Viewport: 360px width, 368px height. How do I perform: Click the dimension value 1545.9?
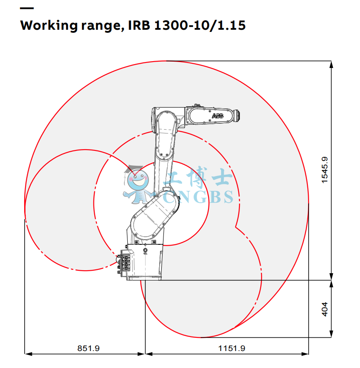(x=325, y=170)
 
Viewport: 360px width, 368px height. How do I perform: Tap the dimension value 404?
(x=325, y=309)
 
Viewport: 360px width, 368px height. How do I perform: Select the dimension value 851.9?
(x=88, y=348)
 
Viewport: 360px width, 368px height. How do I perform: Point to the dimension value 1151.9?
(x=232, y=348)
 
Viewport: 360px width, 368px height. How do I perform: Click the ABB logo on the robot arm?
(x=218, y=116)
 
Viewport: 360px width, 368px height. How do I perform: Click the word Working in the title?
(x=49, y=25)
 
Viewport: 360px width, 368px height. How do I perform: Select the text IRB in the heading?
(x=139, y=25)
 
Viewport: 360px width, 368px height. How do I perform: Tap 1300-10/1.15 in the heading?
(x=200, y=25)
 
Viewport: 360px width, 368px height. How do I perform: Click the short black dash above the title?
(x=27, y=8)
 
